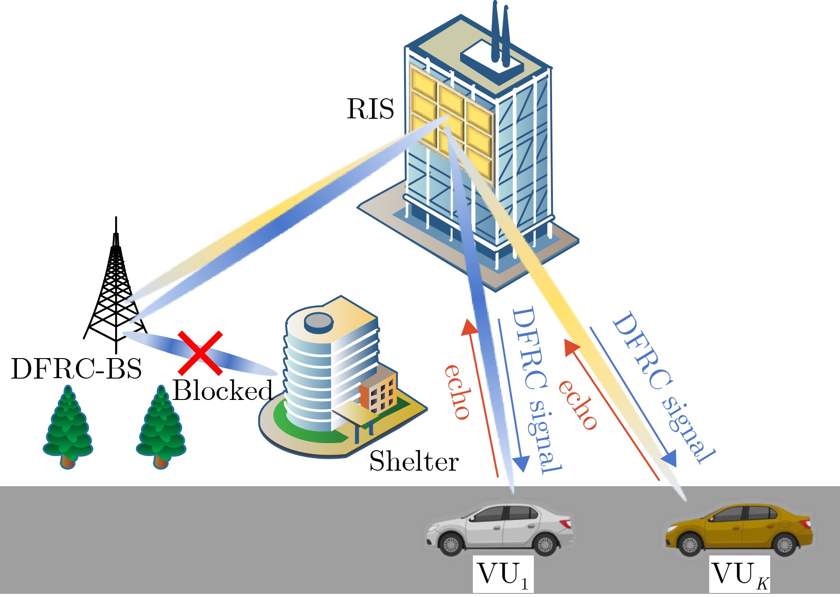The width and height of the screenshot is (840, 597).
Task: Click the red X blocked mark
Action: click(x=200, y=353)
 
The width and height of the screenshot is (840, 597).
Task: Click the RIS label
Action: click(x=370, y=109)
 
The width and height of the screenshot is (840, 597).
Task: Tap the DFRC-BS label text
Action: click(x=76, y=369)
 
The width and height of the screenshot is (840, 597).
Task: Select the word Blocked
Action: click(x=222, y=391)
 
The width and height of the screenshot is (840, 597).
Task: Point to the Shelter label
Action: click(x=414, y=461)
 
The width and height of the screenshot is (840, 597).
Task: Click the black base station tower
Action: click(x=116, y=289)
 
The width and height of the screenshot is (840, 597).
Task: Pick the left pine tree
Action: click(x=68, y=427)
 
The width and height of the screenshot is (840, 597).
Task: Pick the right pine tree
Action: click(x=161, y=427)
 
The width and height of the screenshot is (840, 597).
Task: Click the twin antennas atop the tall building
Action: click(x=500, y=31)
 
